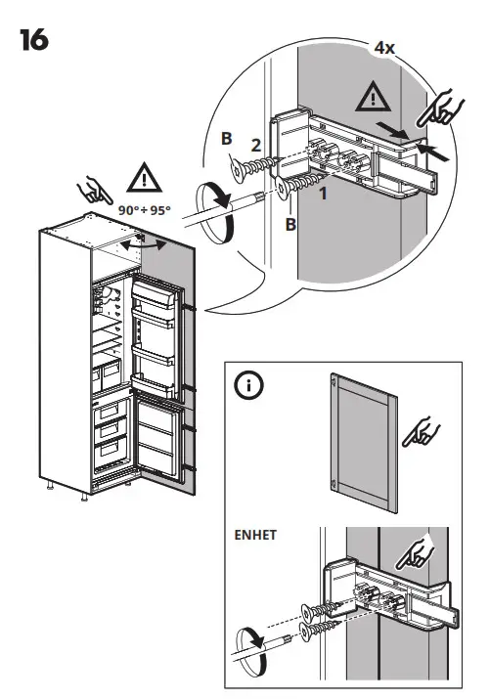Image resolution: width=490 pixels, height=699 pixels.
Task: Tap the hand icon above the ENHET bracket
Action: [417, 554]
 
